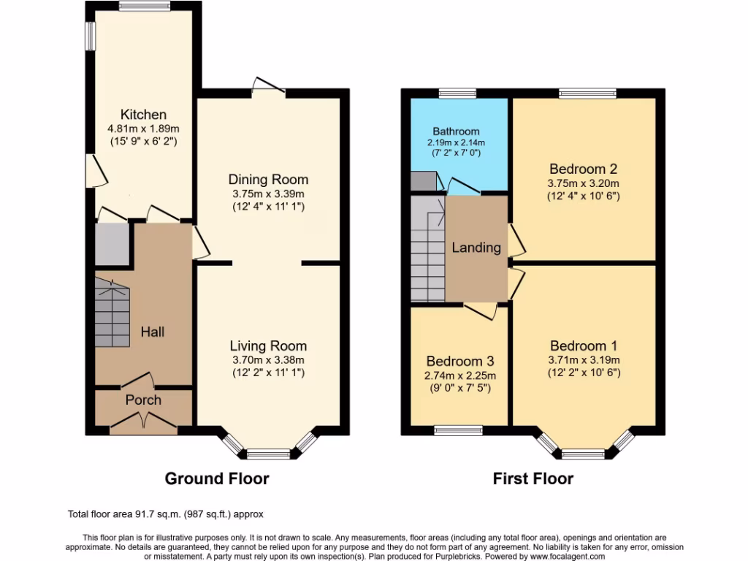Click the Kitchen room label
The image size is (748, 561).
(143, 115)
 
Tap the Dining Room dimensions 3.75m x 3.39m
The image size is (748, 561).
(268, 194)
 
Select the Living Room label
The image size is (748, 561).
(268, 346)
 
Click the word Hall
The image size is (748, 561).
(153, 332)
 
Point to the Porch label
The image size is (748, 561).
(143, 400)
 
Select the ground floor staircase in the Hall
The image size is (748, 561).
(112, 310)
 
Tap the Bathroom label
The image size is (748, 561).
(456, 131)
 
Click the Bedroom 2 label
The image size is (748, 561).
(584, 167)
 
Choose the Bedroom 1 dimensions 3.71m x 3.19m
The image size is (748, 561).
(584, 359)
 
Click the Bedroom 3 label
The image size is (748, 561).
(460, 361)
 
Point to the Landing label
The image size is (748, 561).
(476, 247)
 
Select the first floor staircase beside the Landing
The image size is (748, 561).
(428, 248)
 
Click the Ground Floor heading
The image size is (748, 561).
(217, 478)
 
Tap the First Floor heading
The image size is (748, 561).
(533, 478)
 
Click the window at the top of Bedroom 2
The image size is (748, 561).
(587, 93)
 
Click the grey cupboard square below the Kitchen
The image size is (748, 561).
(112, 245)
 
